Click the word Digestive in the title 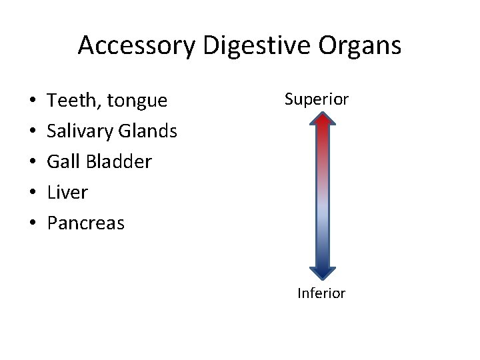(243, 46)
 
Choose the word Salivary (80, 131)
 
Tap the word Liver (67, 192)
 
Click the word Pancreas (85, 223)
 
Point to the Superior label (317, 99)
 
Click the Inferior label (321, 293)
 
